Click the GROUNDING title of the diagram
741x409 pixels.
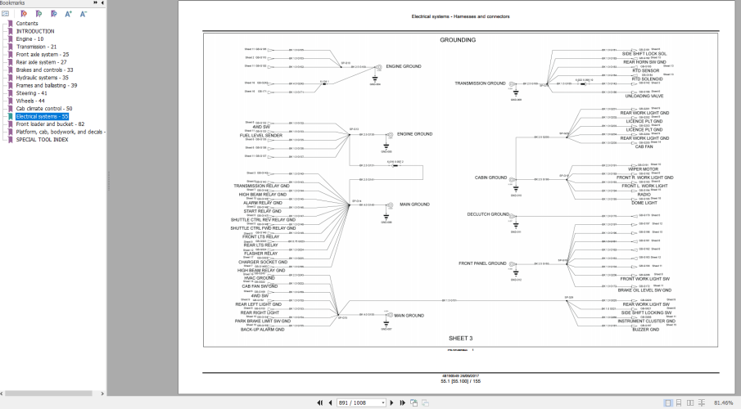pos(458,39)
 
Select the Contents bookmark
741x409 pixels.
pos(27,24)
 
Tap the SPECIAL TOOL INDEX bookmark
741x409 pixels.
pos(43,139)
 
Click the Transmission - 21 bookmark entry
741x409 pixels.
pos(37,47)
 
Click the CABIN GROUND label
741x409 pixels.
pos(491,178)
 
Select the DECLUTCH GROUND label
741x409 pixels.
pos(488,214)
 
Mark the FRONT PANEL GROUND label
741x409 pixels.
pos(484,263)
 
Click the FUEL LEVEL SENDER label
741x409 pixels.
pos(261,136)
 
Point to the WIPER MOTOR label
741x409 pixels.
pos(644,169)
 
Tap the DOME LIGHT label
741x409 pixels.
pos(644,202)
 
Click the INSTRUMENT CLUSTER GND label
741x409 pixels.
pos(647,321)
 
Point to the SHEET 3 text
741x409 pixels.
pos(460,337)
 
